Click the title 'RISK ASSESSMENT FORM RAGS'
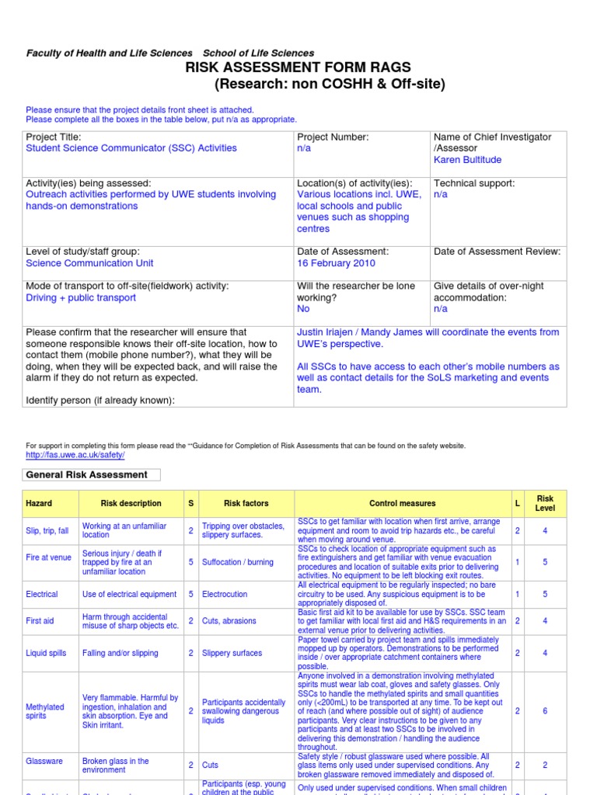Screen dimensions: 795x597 tap(298, 68)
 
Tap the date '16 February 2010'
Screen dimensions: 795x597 tap(336, 263)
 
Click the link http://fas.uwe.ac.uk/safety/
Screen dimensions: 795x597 tap(75, 455)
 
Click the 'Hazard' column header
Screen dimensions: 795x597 tap(39, 503)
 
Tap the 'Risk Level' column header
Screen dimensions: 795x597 tap(545, 503)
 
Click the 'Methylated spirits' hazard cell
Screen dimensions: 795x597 tap(45, 711)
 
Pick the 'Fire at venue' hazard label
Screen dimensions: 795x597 tap(48, 557)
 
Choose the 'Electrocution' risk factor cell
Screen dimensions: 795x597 tap(225, 594)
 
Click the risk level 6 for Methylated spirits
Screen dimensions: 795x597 tap(545, 711)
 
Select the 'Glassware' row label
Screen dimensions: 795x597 tap(44, 762)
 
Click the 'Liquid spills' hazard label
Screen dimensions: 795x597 tap(47, 654)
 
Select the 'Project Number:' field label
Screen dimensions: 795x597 tap(333, 137)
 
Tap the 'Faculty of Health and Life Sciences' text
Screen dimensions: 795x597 tap(110, 53)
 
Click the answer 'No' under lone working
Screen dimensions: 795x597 tap(303, 309)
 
